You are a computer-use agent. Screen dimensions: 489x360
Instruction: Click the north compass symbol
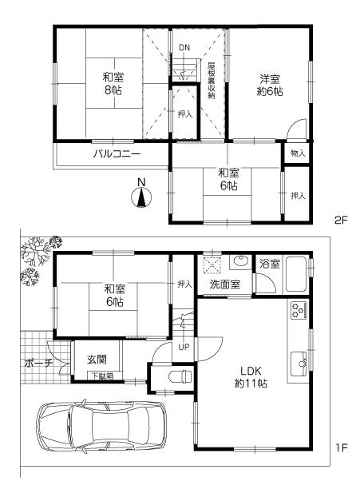point(140,195)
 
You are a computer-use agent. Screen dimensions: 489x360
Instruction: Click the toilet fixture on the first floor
point(178,375)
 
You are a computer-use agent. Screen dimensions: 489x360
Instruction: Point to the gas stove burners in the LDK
point(299,310)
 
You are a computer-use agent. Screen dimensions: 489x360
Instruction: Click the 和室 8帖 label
point(113,84)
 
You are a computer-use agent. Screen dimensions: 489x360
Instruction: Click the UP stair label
point(184,347)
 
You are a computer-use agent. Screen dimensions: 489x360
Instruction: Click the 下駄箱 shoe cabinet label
point(100,376)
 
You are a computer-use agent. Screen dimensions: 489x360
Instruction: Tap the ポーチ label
point(37,364)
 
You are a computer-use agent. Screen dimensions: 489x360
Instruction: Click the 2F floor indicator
point(342,217)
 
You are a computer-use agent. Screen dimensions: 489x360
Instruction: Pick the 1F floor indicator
point(342,447)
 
